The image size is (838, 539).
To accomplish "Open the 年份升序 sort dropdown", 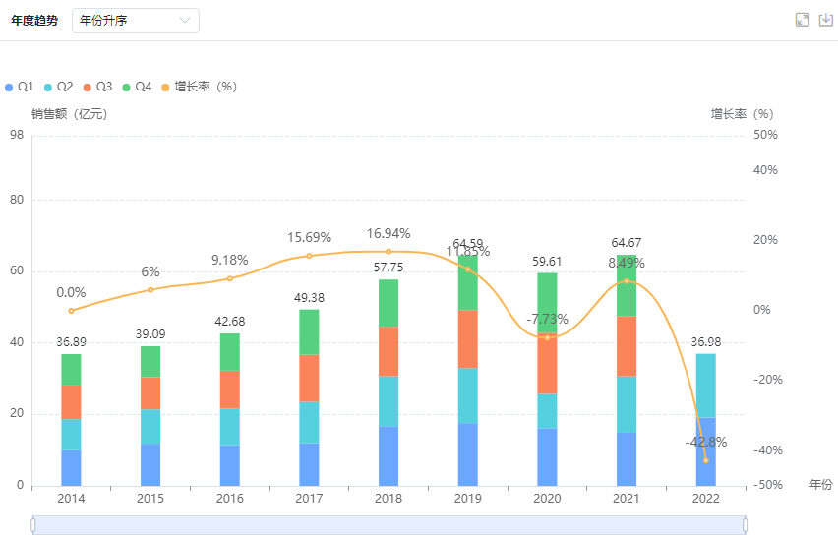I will click(136, 21).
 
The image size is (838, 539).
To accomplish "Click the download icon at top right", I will click(826, 20).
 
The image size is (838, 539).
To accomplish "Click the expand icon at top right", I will click(803, 20).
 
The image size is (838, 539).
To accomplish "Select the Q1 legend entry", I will click(20, 87).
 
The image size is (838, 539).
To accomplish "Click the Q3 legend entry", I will click(98, 87).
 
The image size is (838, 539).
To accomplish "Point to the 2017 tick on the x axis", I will click(309, 499).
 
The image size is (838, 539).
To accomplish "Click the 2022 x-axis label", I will click(705, 499).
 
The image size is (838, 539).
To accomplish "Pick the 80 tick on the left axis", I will click(17, 200).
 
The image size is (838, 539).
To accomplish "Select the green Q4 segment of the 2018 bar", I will click(389, 303).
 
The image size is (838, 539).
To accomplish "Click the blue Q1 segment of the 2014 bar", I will click(71, 467).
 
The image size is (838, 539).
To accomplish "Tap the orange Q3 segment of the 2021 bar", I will click(627, 345).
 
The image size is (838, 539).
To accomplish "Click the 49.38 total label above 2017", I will click(309, 298).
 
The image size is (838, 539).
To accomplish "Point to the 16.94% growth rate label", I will click(389, 234).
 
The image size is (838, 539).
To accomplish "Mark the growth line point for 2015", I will click(150, 289).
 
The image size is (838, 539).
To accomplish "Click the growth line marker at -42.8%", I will click(706, 460).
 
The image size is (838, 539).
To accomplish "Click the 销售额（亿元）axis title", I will click(69, 114).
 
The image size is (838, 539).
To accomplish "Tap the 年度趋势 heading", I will click(34, 21).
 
